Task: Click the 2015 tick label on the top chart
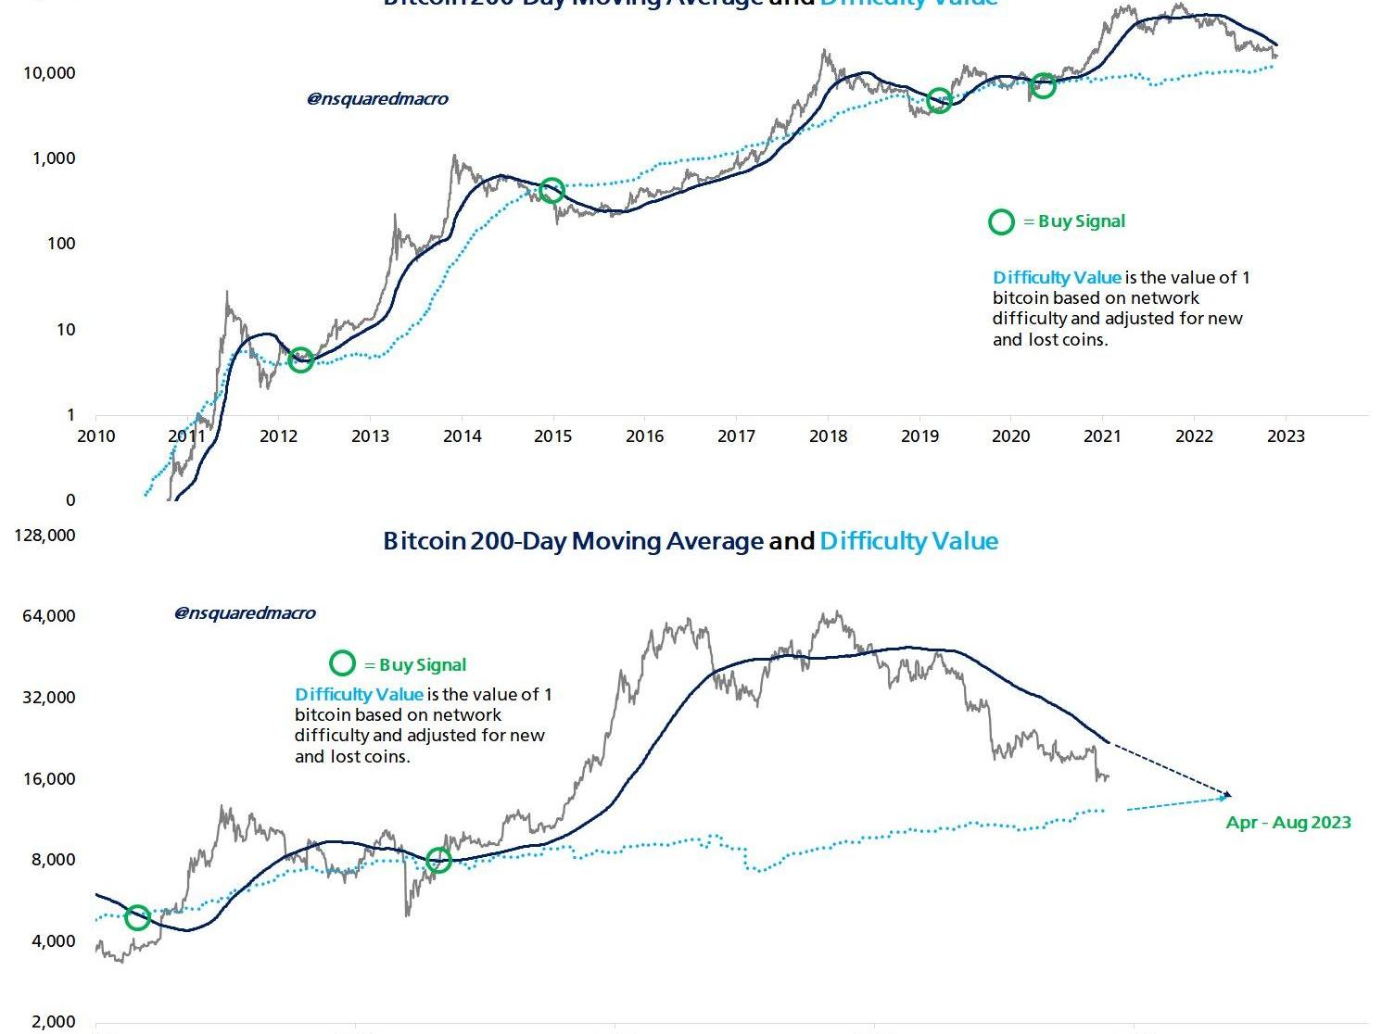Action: [553, 435]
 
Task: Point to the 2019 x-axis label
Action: [919, 435]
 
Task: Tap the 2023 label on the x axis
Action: [1286, 435]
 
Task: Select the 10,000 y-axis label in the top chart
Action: [49, 73]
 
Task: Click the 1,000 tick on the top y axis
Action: [54, 158]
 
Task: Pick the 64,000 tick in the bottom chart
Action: [49, 616]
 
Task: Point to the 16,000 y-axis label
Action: [49, 779]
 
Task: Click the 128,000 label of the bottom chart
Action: [45, 536]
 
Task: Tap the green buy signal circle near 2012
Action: [300, 359]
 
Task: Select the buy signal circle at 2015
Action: [552, 191]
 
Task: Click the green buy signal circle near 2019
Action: [939, 101]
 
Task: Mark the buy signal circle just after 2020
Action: [1043, 86]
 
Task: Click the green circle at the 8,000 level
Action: [438, 860]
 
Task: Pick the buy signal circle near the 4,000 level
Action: [137, 917]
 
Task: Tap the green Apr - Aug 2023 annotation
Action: [1288, 823]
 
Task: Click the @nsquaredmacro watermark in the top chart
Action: [377, 99]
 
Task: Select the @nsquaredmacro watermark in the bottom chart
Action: [245, 613]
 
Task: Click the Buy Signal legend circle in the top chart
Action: [1001, 221]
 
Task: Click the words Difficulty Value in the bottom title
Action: [908, 541]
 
